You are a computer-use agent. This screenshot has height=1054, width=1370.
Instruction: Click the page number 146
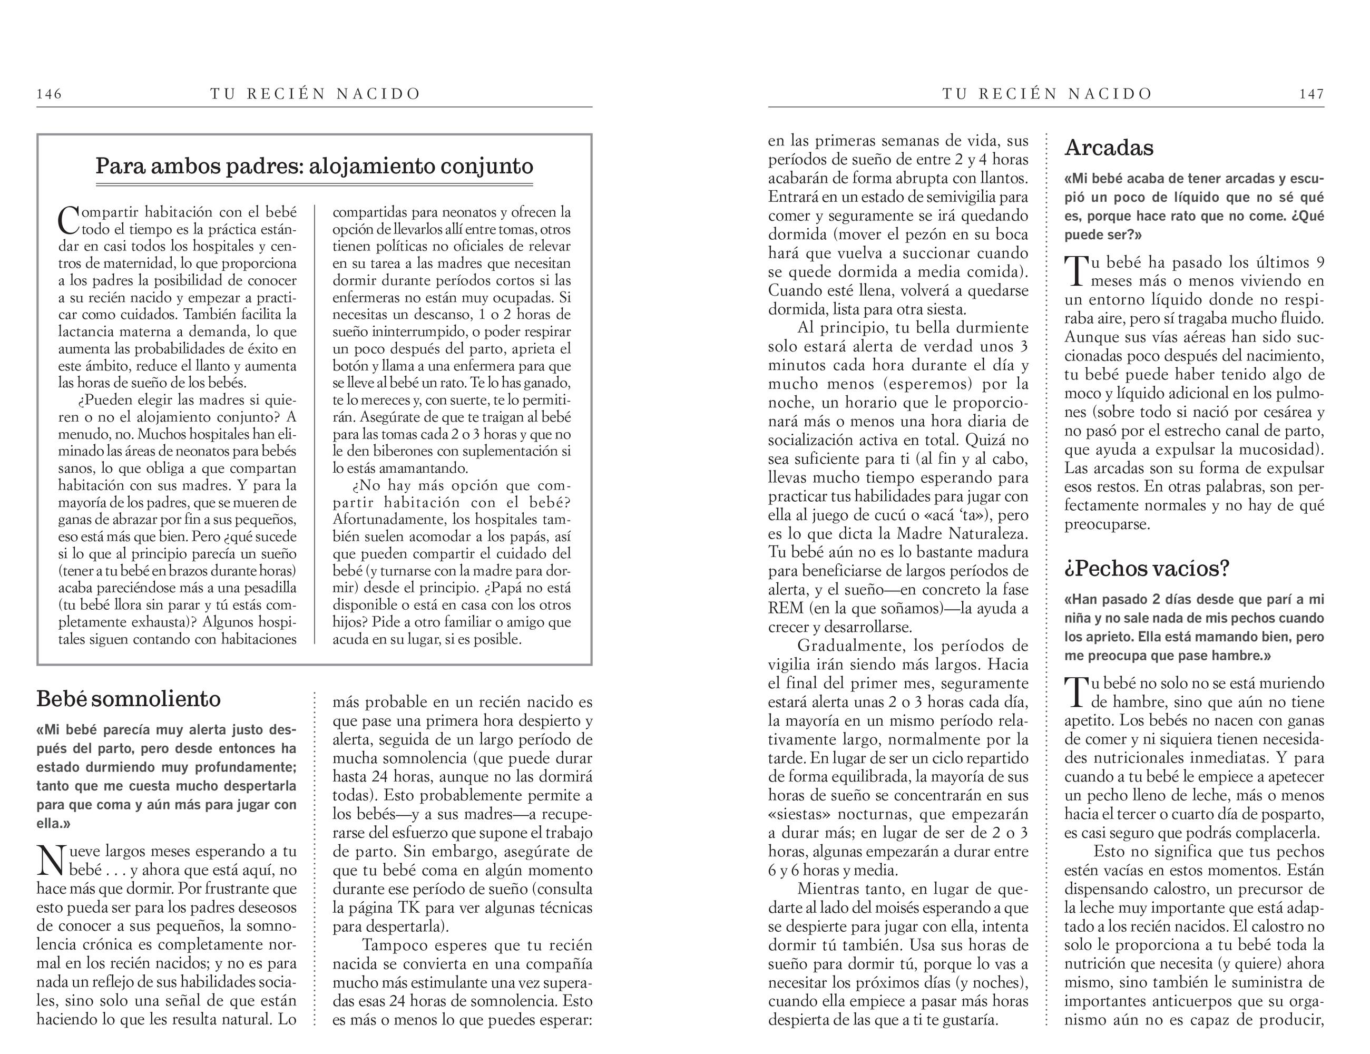(50, 94)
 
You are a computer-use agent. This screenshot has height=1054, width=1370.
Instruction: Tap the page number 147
(1312, 94)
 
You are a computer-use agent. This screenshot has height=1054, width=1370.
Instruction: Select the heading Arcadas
(1109, 148)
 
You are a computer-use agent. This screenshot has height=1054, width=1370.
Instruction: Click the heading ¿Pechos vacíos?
(1147, 569)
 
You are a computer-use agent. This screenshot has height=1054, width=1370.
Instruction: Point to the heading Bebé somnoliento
(129, 699)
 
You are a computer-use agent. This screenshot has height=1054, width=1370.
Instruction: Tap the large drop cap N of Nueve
(50, 860)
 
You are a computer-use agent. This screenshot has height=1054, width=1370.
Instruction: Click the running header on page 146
(315, 94)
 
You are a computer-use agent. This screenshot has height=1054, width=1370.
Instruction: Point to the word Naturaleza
(992, 534)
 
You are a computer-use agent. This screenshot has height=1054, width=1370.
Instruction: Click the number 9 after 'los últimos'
(1320, 262)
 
